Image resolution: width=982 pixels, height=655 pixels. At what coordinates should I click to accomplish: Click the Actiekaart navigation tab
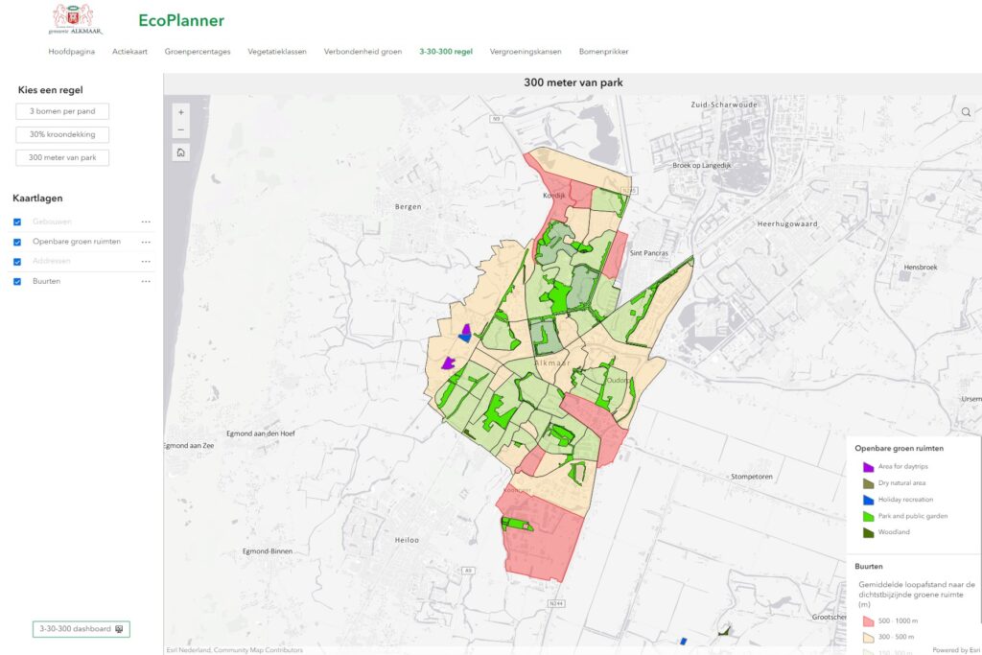[129, 52]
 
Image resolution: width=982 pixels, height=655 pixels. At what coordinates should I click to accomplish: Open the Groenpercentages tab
[198, 52]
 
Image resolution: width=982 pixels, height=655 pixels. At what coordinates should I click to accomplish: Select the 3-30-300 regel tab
[446, 52]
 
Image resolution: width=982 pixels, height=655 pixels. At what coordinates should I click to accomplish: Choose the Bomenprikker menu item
[603, 52]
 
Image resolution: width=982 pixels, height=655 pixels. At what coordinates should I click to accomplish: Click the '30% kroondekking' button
[62, 134]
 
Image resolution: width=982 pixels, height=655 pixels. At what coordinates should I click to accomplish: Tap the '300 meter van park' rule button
[62, 157]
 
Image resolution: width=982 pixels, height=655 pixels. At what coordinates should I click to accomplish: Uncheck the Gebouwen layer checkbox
[17, 222]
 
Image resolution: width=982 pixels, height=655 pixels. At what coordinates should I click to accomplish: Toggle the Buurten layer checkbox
[17, 282]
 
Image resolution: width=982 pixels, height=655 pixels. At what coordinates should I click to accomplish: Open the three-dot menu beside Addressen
[146, 261]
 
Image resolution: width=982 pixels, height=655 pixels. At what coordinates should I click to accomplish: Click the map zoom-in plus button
[181, 112]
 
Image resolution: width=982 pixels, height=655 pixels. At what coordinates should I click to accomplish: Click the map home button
[181, 152]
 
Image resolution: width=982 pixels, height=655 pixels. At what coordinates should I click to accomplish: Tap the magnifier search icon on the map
[966, 112]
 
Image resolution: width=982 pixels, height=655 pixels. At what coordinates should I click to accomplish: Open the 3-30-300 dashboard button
[82, 629]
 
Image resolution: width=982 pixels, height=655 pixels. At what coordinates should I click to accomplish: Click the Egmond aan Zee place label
[189, 446]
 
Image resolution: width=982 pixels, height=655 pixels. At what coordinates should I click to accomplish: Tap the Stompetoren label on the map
[752, 476]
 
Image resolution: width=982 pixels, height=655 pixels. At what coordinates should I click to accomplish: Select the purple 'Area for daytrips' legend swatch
[869, 467]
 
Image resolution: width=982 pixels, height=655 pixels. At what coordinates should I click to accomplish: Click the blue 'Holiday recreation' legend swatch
[869, 500]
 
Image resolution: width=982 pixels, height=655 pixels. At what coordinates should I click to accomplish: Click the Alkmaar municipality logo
[73, 19]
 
